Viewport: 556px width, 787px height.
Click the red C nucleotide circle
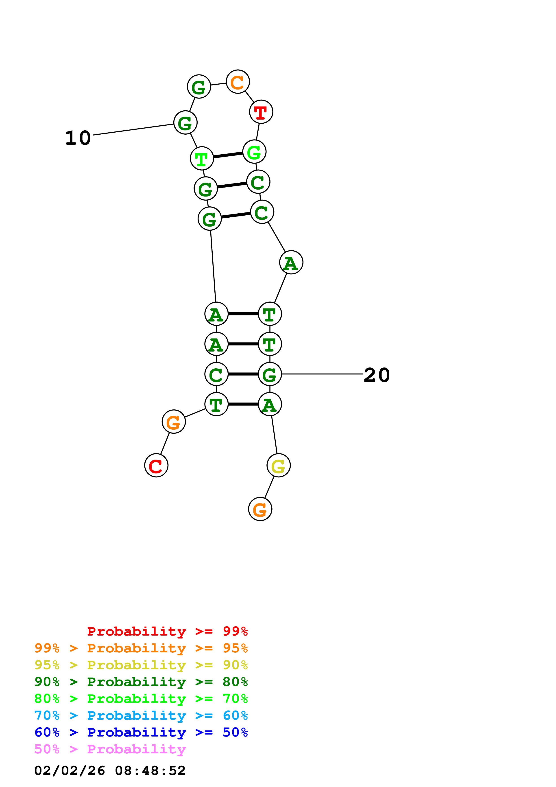(x=156, y=466)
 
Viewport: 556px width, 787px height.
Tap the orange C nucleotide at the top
(x=238, y=82)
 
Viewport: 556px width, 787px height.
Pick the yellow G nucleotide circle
(x=279, y=466)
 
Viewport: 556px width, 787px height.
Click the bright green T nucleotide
(x=202, y=158)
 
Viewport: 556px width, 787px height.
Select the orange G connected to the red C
(x=174, y=422)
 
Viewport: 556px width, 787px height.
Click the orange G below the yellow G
(x=260, y=509)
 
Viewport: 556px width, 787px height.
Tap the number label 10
(x=78, y=138)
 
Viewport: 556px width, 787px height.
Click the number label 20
(x=377, y=375)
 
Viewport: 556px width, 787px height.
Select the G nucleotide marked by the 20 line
(x=270, y=374)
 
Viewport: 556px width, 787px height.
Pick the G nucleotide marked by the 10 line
(x=185, y=123)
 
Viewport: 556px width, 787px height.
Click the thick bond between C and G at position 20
(x=243, y=374)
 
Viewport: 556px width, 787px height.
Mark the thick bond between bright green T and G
(x=228, y=155)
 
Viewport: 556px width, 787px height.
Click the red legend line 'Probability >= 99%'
(x=167, y=631)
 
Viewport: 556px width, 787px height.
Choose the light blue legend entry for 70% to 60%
(x=141, y=715)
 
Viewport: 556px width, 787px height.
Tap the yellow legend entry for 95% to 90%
(x=141, y=665)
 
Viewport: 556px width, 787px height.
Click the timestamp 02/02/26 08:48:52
(x=110, y=771)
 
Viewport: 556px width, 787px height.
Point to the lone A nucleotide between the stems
(x=291, y=262)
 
